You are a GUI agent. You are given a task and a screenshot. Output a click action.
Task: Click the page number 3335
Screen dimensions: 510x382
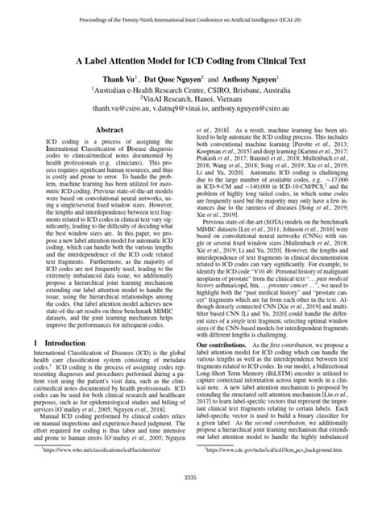pyautogui.click(x=191, y=499)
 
